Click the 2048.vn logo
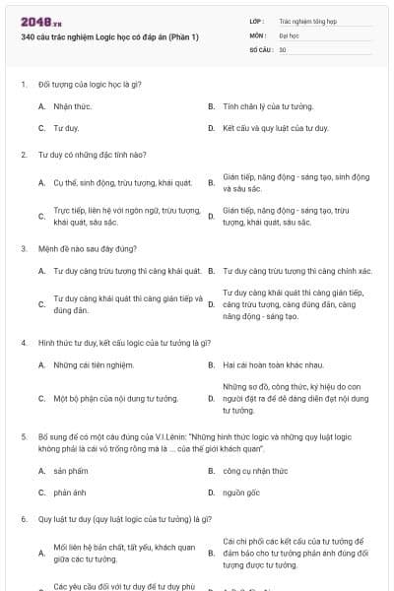[x=40, y=22]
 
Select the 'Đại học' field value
[x=288, y=34]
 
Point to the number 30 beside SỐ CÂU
[x=283, y=49]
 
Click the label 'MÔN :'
[x=259, y=34]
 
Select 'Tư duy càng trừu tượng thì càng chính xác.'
[x=296, y=270]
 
